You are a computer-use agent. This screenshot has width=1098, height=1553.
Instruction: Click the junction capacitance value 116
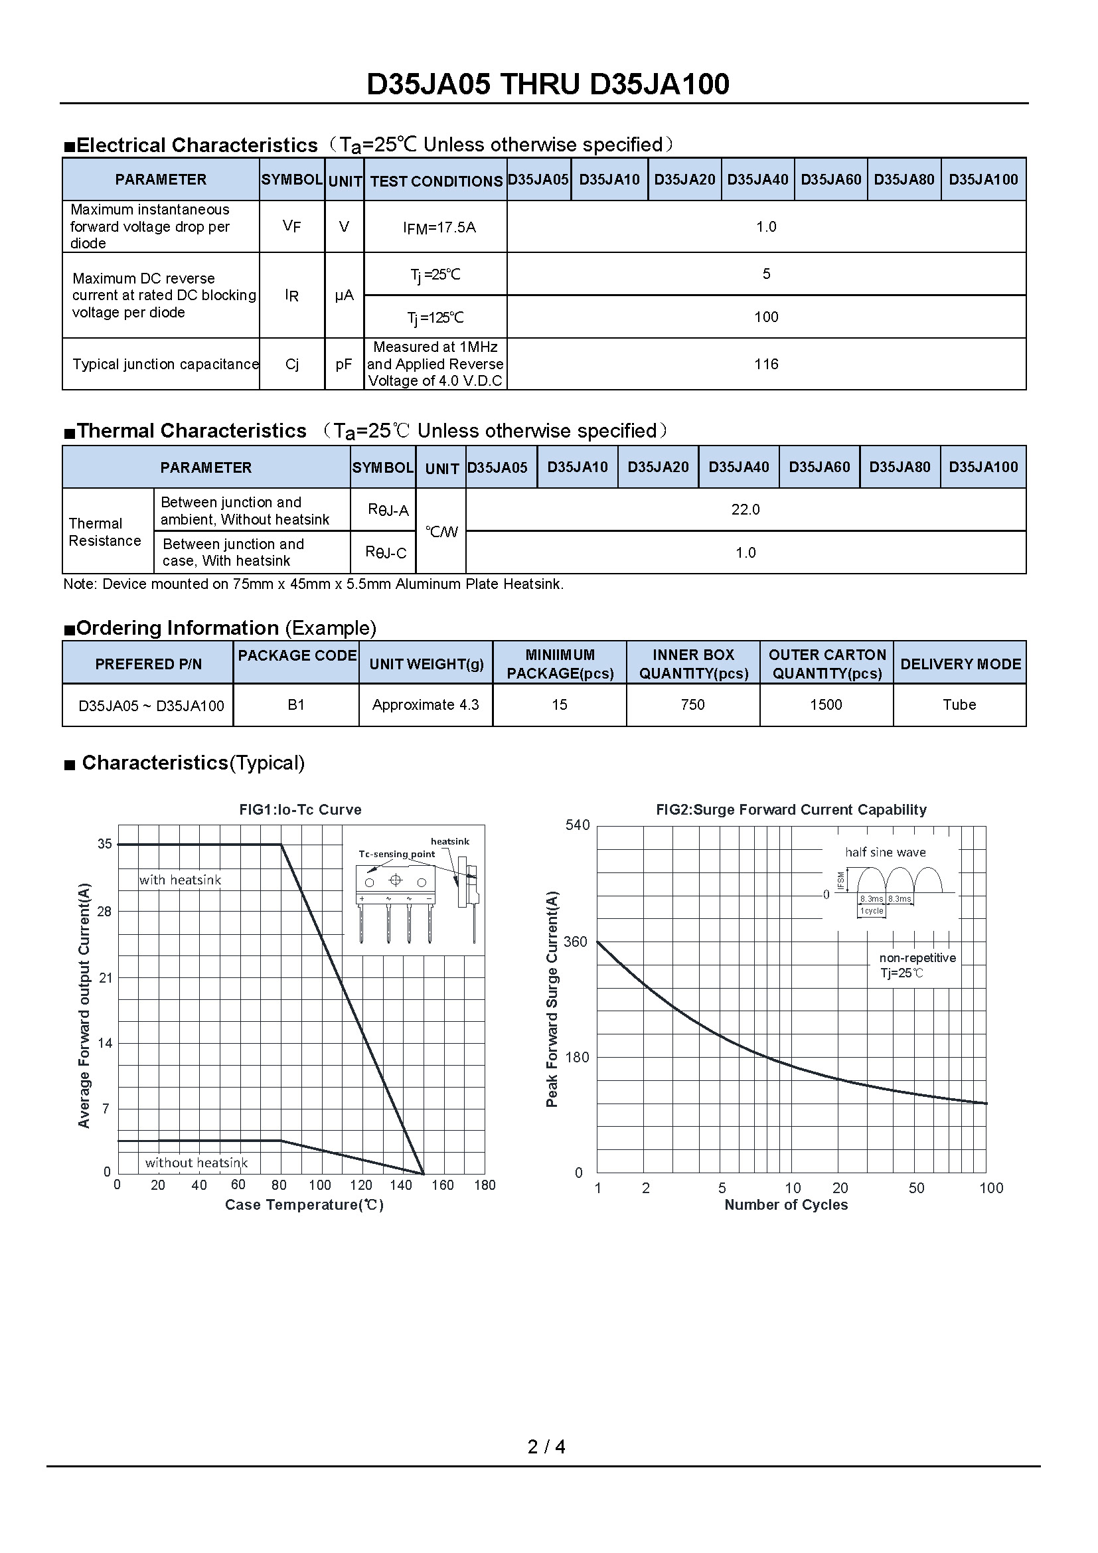pos(766,365)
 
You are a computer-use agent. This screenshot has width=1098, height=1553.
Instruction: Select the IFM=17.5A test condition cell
pos(439,228)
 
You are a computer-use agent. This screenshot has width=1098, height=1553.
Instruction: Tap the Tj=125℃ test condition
pos(435,318)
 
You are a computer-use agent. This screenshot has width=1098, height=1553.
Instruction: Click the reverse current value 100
pos(766,317)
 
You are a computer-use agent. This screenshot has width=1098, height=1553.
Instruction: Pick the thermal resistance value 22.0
pos(745,510)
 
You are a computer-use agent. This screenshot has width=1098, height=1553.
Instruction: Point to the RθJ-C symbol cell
pos(386,552)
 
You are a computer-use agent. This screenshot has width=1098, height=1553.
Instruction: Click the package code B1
pos(296,705)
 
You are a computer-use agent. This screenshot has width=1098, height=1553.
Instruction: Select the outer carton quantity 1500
pos(826,705)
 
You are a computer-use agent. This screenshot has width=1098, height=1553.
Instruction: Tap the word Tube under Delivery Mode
pos(959,705)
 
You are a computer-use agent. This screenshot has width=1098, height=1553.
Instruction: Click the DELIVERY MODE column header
pos(960,664)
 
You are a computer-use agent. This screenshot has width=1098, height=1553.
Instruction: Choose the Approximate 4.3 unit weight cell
pos(426,705)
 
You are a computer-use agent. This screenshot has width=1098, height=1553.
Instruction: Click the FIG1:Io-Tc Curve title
pos(300,809)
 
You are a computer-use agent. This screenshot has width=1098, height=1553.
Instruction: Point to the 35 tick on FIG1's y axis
pos(105,844)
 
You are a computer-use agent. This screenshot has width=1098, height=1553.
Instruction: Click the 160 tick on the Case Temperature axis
pos(442,1185)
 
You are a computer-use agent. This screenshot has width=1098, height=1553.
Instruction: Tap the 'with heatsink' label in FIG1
pos(181,880)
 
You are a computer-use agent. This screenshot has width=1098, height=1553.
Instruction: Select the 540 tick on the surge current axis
pos(578,825)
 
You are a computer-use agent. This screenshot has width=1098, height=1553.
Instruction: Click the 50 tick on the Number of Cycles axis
pos(916,1188)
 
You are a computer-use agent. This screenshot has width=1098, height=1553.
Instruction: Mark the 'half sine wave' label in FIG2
pos(885,853)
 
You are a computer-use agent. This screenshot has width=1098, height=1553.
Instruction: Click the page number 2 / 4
pos(546,1447)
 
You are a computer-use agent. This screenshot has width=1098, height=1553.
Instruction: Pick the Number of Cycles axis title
pos(785,1204)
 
